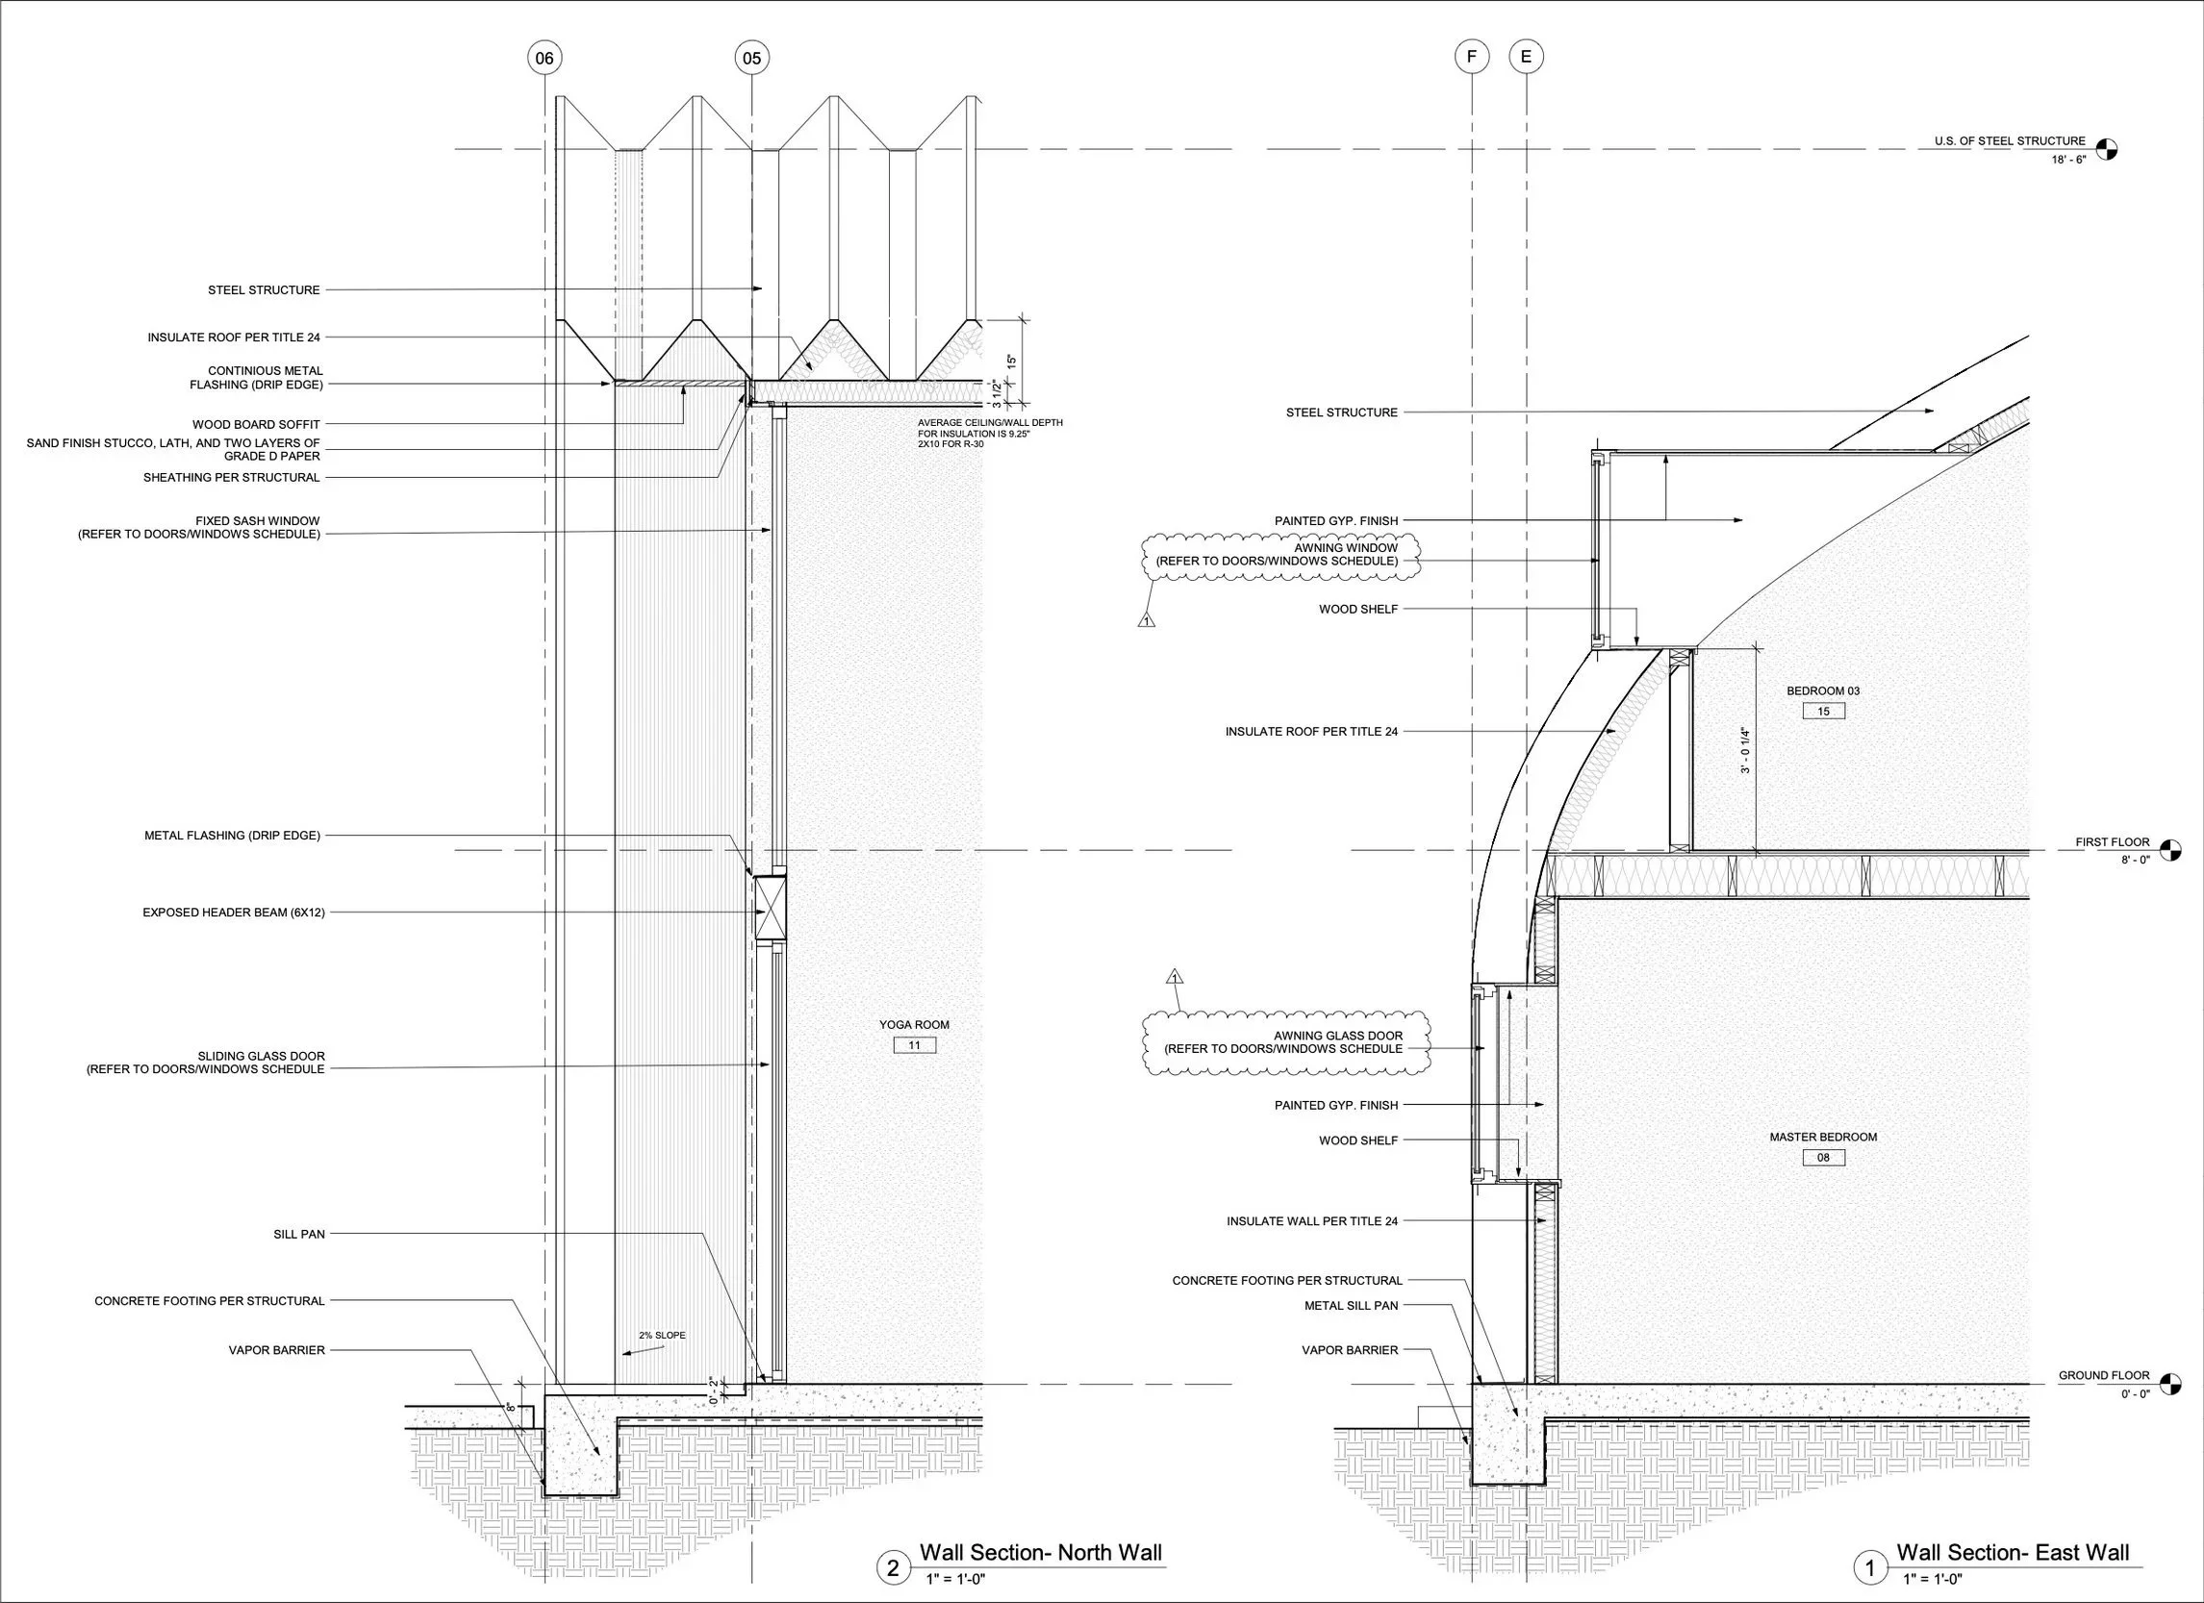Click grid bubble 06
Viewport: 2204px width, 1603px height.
tap(545, 59)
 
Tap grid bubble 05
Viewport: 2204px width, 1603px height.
tap(752, 59)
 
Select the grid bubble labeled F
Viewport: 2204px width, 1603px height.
tap(1472, 58)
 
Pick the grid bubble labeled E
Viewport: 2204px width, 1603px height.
tap(1526, 58)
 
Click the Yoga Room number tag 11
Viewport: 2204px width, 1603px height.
tap(915, 1045)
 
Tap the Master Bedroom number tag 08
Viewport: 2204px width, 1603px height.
tap(1823, 1157)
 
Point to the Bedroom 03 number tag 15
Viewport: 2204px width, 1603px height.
tap(1823, 712)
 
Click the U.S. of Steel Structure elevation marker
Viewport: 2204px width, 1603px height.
tap(2106, 150)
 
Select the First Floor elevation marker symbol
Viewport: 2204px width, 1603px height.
tap(2170, 851)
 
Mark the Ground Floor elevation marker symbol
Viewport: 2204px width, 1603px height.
tap(2170, 1385)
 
